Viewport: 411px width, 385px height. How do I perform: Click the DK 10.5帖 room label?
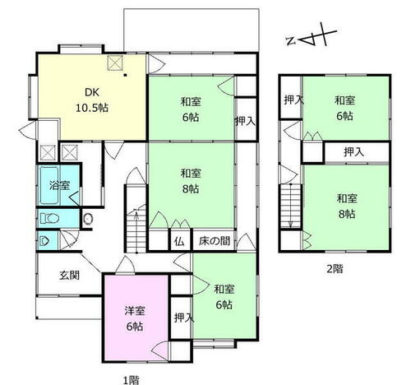click(92, 100)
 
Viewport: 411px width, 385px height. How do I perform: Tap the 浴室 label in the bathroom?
click(60, 185)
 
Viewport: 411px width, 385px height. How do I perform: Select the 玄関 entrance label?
click(70, 275)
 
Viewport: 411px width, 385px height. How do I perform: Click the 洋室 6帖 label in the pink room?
click(135, 318)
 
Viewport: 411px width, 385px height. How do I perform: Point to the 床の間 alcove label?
click(215, 241)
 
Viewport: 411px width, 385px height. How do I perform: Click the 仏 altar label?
click(179, 242)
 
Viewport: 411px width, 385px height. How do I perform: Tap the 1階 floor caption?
click(131, 380)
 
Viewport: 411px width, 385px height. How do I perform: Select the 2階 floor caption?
click(335, 269)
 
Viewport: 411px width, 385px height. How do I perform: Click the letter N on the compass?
click(291, 41)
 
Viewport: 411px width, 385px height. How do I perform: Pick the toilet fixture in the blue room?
click(50, 219)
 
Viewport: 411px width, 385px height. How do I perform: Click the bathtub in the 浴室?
click(49, 185)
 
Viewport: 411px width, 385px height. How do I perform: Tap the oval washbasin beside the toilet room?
click(88, 219)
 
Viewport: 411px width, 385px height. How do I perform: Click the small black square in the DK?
click(125, 75)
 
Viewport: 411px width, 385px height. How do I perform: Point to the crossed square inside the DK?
click(115, 63)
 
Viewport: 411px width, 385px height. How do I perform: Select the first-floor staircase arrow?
click(136, 232)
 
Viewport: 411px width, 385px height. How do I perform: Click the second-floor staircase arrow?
click(291, 206)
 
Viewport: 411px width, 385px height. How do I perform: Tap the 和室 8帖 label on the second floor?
click(347, 206)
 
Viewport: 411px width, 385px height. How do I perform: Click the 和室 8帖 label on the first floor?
click(191, 181)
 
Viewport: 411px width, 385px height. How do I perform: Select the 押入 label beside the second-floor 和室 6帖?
click(293, 100)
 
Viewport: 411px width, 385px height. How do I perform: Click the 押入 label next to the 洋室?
click(184, 318)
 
